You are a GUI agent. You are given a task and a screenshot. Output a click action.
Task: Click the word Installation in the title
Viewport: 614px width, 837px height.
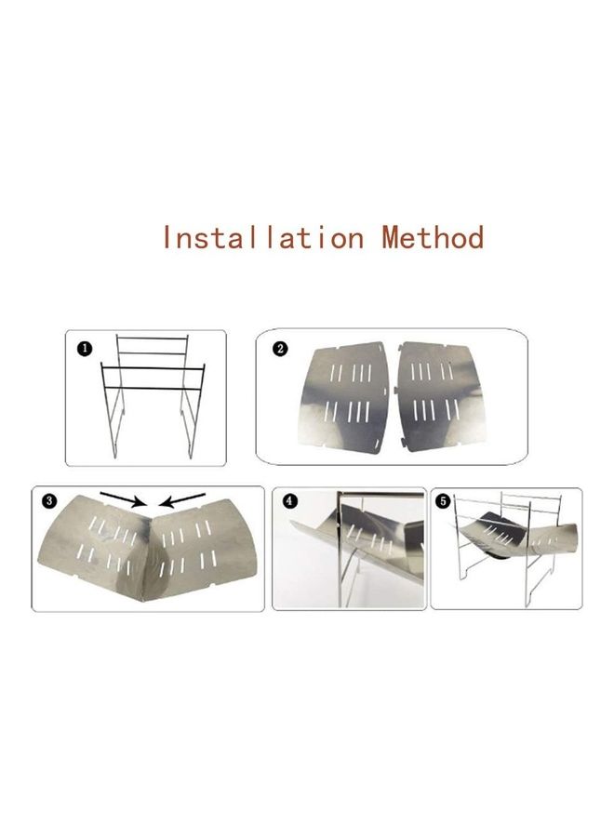(261, 237)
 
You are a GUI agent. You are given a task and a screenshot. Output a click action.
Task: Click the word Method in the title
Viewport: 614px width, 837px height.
(433, 237)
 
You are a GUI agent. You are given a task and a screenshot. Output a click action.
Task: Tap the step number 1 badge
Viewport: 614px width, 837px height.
(85, 348)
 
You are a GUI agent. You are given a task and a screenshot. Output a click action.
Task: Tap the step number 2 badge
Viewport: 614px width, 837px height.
(281, 350)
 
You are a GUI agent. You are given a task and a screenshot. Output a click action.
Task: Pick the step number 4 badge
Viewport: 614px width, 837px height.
(289, 500)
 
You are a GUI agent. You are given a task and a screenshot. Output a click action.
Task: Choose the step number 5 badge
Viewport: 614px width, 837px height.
(444, 500)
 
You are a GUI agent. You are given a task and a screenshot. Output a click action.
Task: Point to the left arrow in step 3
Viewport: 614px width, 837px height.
(120, 498)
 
